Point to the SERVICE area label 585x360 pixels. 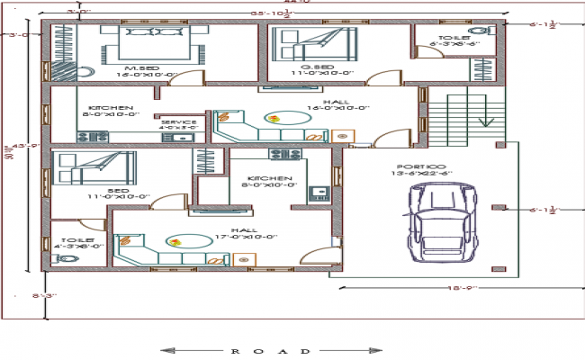coord(178,122)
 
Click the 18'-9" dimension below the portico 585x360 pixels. coord(438,288)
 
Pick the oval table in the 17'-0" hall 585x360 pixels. coord(179,240)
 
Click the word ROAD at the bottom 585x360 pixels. coord(271,351)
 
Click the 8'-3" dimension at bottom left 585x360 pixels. coord(42,295)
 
